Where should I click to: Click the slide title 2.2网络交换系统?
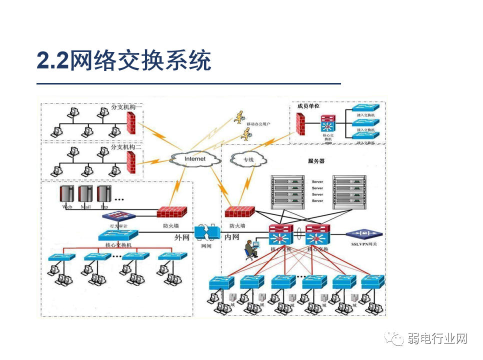(x=124, y=61)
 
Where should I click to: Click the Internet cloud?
(x=195, y=159)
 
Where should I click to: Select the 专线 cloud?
(x=248, y=160)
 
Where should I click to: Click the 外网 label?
(x=182, y=237)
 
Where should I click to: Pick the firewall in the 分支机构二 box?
(x=131, y=161)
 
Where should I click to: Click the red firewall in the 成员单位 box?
(x=300, y=124)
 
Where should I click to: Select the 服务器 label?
(x=316, y=161)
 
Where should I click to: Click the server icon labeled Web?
(x=67, y=195)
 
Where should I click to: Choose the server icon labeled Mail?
(x=85, y=195)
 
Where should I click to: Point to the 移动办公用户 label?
(x=258, y=123)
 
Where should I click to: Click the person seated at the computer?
(x=249, y=249)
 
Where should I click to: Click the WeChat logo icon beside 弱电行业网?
(x=395, y=339)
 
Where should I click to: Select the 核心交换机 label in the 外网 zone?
(x=118, y=245)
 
